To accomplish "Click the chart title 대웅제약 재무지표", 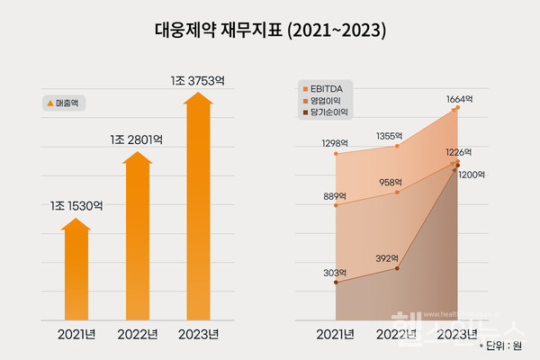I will pyautogui.click(x=269, y=31).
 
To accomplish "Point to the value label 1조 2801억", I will pyautogui.click(x=136, y=139).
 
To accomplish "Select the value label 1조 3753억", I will pyautogui.click(x=197, y=81).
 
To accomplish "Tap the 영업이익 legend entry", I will pyautogui.click(x=325, y=101).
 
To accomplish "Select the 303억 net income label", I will pyautogui.click(x=336, y=272).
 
